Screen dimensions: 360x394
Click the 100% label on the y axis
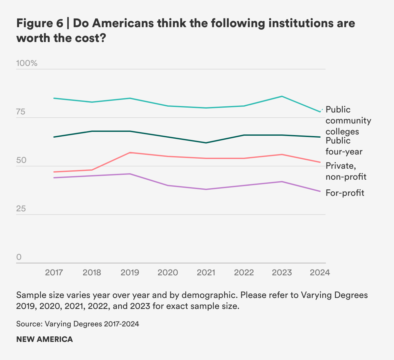[27, 63]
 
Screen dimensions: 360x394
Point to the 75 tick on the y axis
[21, 112]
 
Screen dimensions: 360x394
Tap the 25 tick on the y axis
[21, 209]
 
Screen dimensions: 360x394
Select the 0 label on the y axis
[19, 257]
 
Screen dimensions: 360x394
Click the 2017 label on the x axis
[54, 272]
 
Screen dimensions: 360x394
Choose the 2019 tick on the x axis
[130, 272]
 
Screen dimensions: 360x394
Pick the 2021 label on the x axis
[206, 272]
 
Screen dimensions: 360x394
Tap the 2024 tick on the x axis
[320, 272]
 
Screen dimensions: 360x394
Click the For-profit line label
[345, 193]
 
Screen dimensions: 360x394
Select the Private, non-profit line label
[346, 171]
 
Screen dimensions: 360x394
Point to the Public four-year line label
[344, 146]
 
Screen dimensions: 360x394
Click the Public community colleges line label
[348, 121]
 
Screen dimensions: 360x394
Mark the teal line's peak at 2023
[282, 96]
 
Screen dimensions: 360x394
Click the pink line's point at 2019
[130, 153]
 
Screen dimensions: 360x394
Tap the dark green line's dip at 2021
[206, 143]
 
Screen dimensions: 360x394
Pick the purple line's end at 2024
[320, 191]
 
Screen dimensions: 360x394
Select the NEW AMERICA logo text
[45, 339]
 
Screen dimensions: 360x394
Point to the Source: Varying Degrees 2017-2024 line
[78, 324]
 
